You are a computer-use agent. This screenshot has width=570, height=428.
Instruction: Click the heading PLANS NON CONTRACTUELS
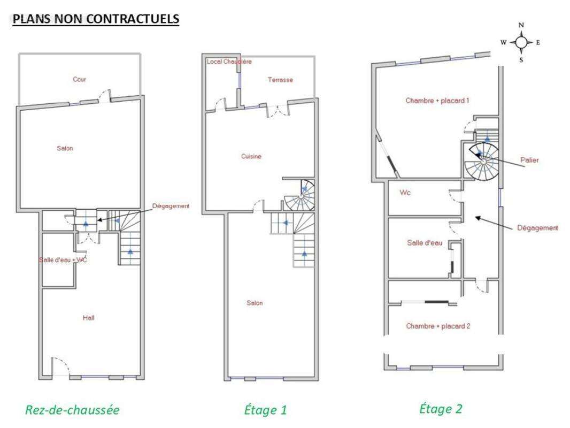coord(96,19)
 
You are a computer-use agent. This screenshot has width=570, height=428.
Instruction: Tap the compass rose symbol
coord(521,43)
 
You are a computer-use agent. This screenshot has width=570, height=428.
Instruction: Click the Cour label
coord(79,79)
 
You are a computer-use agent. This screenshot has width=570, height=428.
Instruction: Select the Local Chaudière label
coord(229,62)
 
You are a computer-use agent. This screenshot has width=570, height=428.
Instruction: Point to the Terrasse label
coord(280,80)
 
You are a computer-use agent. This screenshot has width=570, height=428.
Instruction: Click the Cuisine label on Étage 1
coord(251,156)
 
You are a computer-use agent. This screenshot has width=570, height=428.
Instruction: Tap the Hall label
coord(88,318)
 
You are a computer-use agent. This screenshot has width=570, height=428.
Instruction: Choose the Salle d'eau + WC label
coord(63,260)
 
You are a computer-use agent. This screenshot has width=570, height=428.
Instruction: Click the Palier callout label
coord(529,160)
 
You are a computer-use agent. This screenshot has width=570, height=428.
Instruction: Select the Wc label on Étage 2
coord(405,193)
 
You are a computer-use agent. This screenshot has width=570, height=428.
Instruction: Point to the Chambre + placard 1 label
coord(437,101)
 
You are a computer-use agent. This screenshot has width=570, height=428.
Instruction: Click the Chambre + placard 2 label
coord(438,326)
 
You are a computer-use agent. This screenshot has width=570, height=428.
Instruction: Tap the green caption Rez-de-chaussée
coord(72,410)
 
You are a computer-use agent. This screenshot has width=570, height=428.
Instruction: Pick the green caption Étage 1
coord(265,410)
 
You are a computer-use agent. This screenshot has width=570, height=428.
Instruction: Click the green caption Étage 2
coord(441,408)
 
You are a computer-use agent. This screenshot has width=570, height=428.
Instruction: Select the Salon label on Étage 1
coord(255,303)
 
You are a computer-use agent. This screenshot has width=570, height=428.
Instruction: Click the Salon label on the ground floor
coord(65,148)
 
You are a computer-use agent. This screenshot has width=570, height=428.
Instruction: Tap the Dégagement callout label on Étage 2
coord(537,228)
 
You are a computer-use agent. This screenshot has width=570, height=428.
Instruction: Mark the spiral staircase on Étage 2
coord(482,160)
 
